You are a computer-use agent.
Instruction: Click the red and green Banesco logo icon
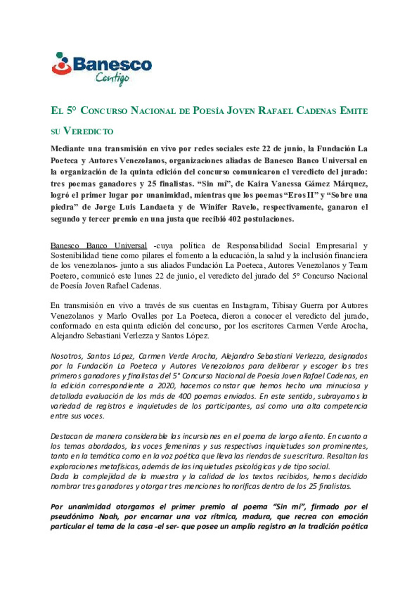[61, 64]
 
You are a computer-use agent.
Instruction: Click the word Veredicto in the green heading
[88, 131]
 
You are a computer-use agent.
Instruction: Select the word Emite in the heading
[354, 111]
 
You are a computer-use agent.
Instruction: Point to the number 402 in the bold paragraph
[234, 219]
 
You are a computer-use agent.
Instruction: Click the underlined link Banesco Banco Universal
[99, 246]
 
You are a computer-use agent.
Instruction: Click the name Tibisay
[285, 306]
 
